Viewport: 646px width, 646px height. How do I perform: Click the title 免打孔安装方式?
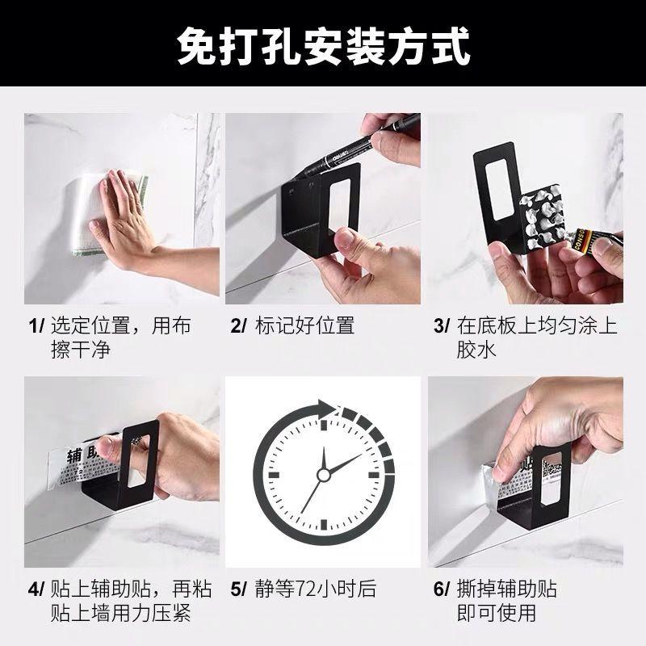[x=323, y=48]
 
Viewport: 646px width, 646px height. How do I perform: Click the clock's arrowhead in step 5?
[x=326, y=409]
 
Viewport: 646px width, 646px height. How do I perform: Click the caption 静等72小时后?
[x=315, y=589]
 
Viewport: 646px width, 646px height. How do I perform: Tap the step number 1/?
[x=36, y=326]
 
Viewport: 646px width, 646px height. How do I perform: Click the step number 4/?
[x=36, y=589]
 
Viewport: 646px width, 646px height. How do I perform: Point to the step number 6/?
[x=442, y=589]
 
